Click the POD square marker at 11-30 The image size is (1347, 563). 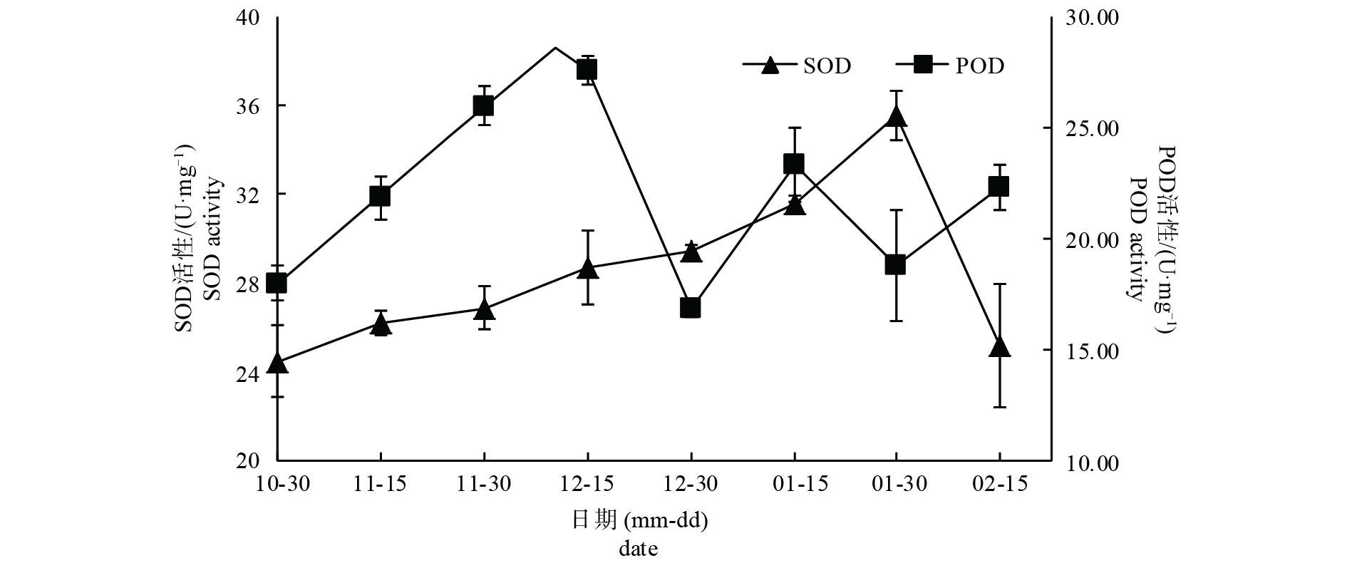click(x=484, y=105)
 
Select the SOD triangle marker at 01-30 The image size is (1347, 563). click(x=896, y=116)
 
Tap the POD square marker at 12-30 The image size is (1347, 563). click(x=690, y=308)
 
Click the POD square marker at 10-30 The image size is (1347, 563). click(x=277, y=283)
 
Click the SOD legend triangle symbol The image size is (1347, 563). click(x=770, y=66)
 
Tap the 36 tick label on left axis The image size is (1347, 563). click(x=246, y=105)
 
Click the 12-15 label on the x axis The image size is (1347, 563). click(x=587, y=485)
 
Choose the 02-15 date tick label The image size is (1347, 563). click(x=999, y=485)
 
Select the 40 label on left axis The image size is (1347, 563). click(x=246, y=17)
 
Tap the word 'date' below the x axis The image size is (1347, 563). click(x=638, y=549)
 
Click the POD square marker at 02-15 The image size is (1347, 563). click(x=999, y=187)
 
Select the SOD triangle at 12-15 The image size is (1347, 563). click(x=587, y=268)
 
